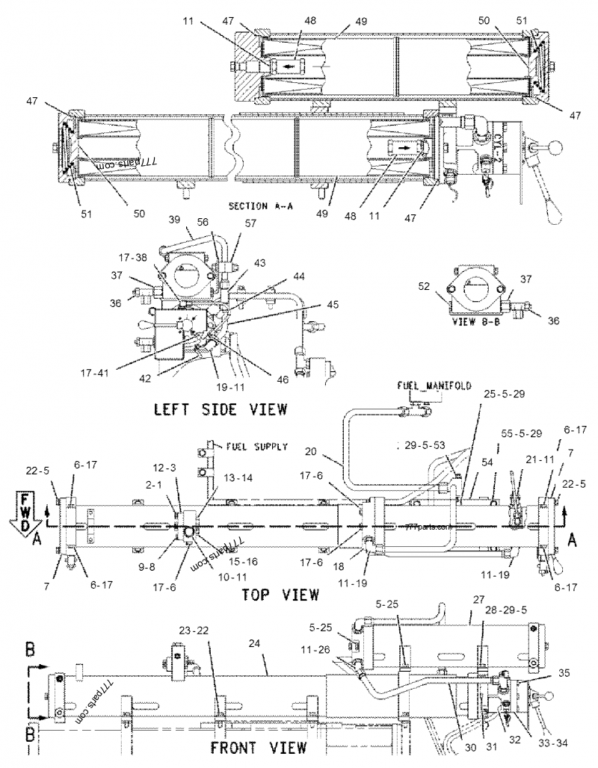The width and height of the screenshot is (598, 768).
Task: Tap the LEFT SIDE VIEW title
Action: coord(221,409)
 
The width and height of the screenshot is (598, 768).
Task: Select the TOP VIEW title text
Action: coord(280,595)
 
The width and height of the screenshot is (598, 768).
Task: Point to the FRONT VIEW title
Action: coord(258,747)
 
